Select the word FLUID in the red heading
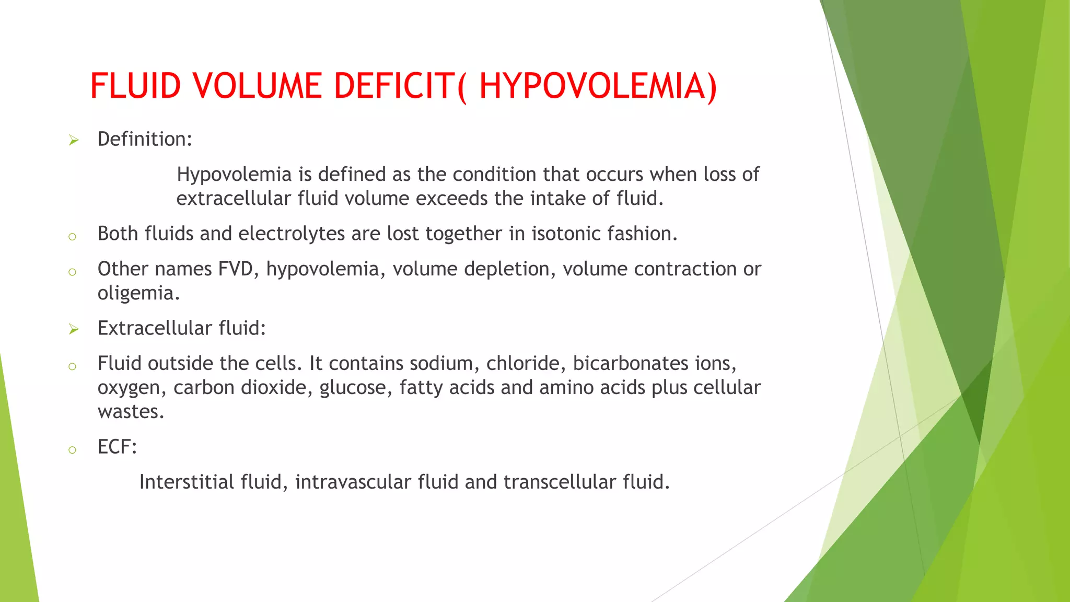(x=135, y=86)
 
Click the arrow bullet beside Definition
(x=74, y=140)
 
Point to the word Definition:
(x=145, y=140)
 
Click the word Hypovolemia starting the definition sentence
(x=234, y=175)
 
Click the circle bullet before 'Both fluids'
(x=73, y=237)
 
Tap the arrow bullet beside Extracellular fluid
(x=74, y=329)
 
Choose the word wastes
(x=131, y=412)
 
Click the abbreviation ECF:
(x=117, y=447)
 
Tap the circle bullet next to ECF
(x=73, y=450)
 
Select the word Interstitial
(x=187, y=482)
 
